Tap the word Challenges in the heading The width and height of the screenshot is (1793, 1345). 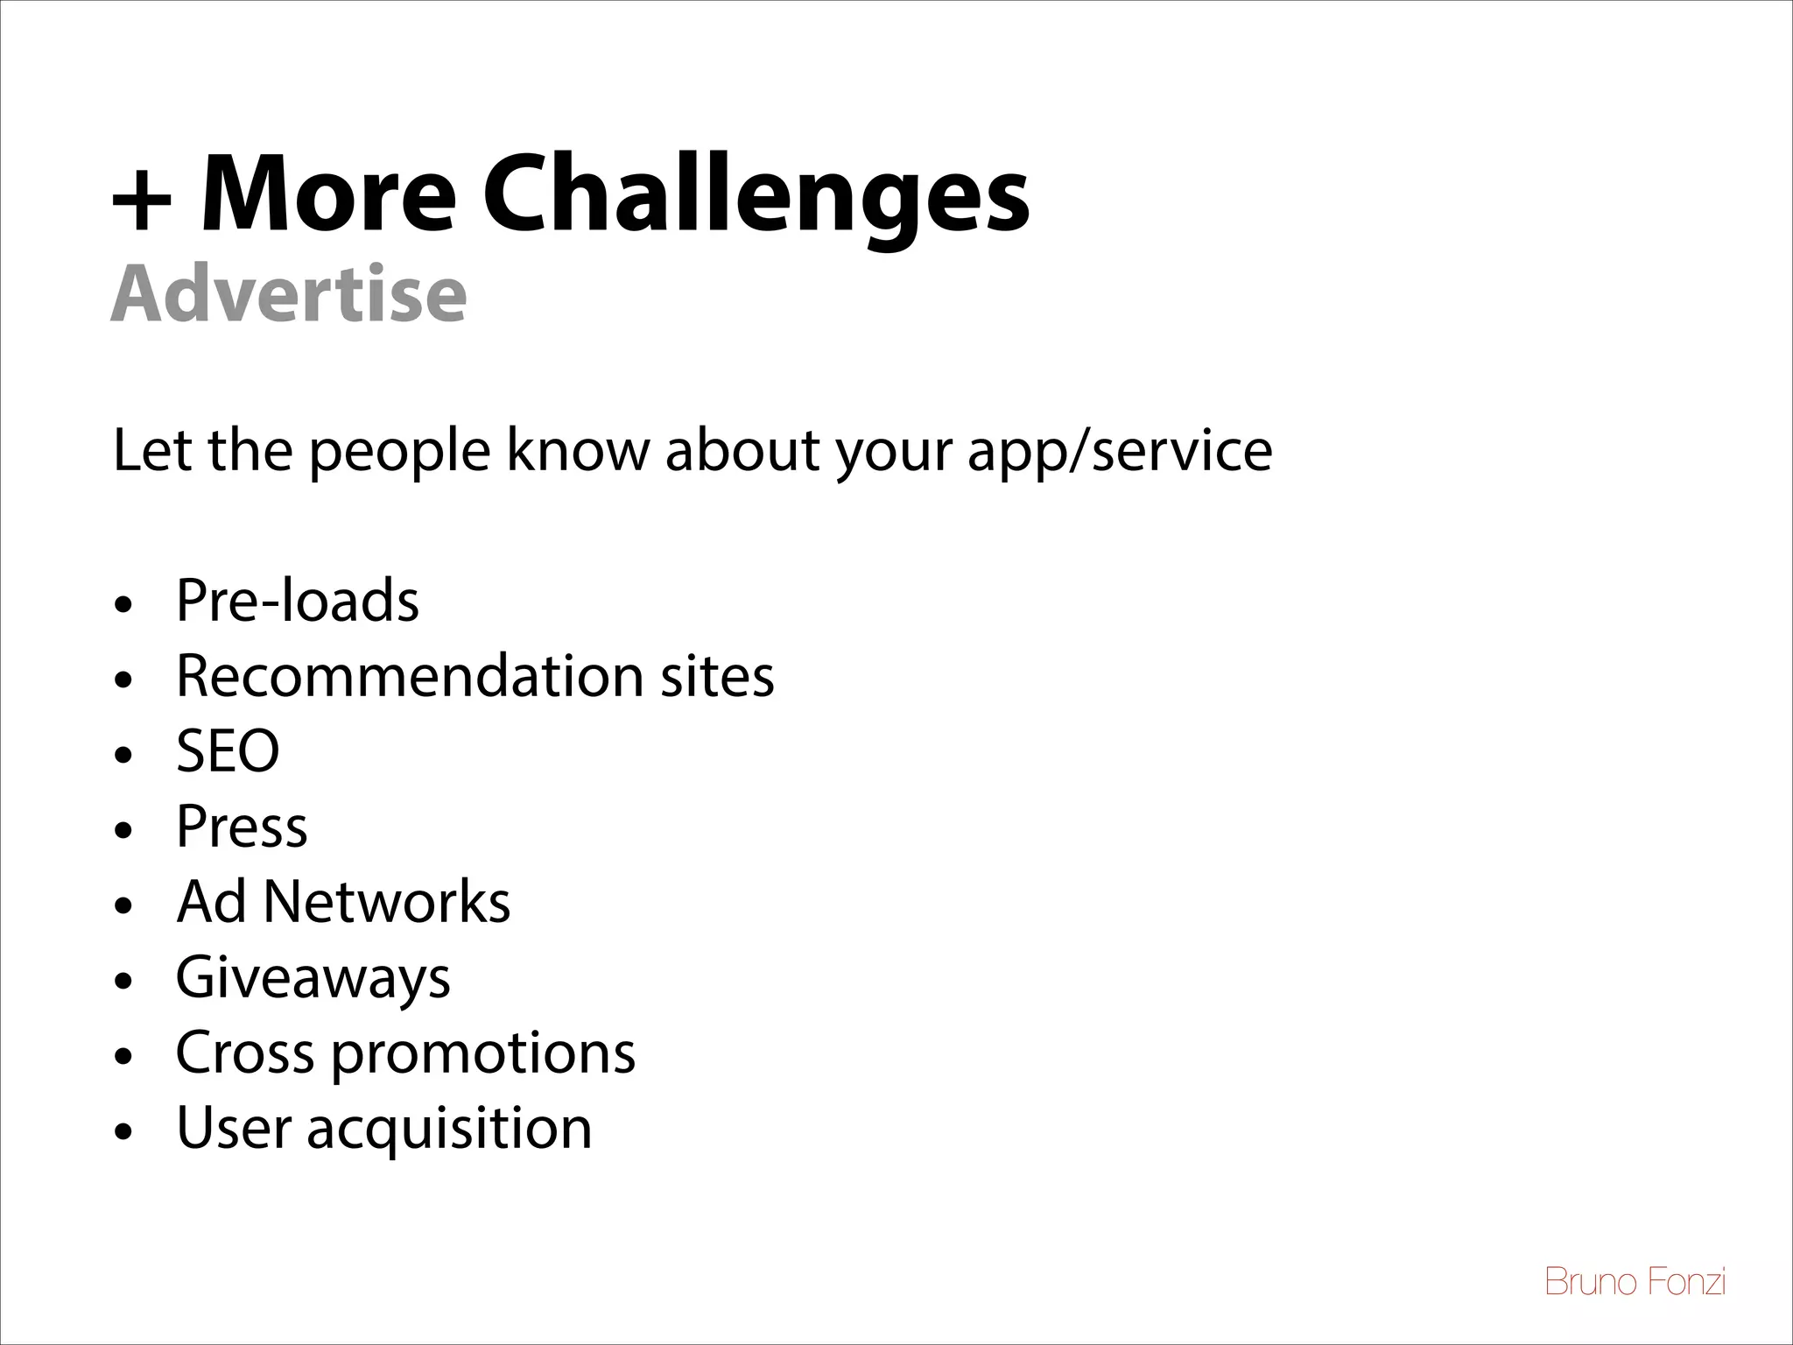click(756, 194)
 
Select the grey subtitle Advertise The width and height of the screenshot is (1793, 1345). click(288, 294)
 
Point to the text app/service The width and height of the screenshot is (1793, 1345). click(1120, 453)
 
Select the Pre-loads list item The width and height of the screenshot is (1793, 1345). click(298, 601)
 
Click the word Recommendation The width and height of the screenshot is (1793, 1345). click(411, 676)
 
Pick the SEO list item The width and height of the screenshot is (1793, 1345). click(228, 751)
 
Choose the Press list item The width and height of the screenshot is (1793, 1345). click(242, 827)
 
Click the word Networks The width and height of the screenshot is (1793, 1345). click(386, 902)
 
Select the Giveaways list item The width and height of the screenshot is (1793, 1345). click(313, 978)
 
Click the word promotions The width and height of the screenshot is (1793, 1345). click(483, 1053)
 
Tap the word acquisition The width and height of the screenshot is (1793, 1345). click(449, 1129)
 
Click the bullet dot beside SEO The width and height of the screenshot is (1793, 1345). click(125, 754)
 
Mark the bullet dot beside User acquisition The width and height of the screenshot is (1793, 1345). click(125, 1131)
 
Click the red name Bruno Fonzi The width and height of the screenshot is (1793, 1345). click(1635, 1282)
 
